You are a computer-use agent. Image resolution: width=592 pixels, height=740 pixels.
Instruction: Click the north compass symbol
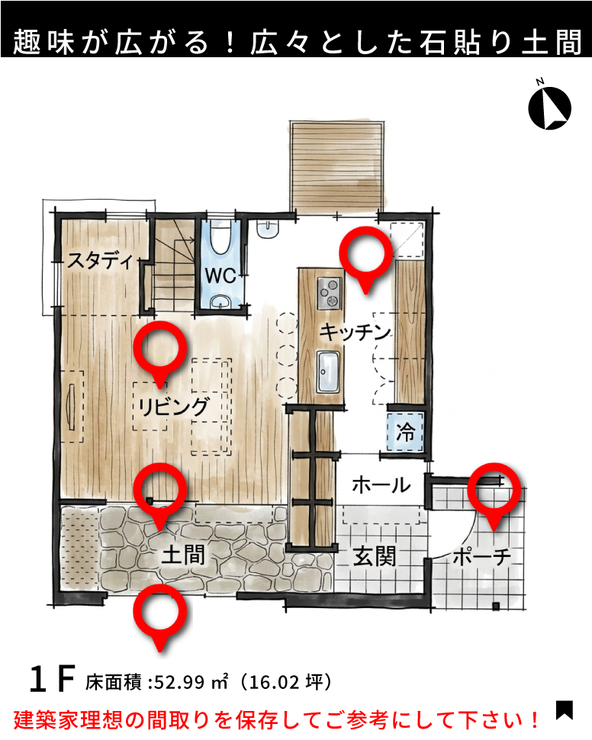click(549, 107)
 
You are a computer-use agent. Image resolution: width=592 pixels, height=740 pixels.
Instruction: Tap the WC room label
click(220, 275)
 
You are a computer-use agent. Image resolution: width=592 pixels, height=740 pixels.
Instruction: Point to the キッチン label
click(355, 332)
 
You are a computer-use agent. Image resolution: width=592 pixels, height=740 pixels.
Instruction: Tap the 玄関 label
click(375, 556)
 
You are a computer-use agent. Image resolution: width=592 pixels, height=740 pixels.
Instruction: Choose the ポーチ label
click(481, 557)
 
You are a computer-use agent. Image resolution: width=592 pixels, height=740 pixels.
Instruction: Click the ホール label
click(381, 484)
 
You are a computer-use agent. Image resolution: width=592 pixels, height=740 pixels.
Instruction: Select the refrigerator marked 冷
click(406, 432)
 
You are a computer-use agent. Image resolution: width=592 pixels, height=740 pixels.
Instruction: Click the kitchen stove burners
click(329, 294)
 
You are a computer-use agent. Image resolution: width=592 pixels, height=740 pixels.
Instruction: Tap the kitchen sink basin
click(328, 372)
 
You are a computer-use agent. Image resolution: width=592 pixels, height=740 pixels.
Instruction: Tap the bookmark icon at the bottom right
click(565, 710)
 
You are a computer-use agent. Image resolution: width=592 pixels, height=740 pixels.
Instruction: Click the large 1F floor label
click(53, 679)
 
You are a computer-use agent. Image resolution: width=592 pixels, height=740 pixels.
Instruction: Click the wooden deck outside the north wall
click(337, 166)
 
